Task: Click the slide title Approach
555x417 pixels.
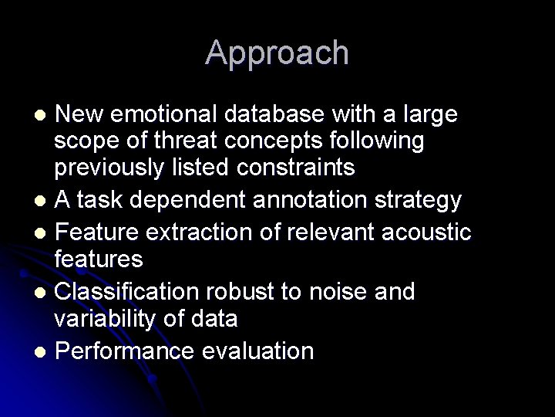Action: (277, 53)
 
